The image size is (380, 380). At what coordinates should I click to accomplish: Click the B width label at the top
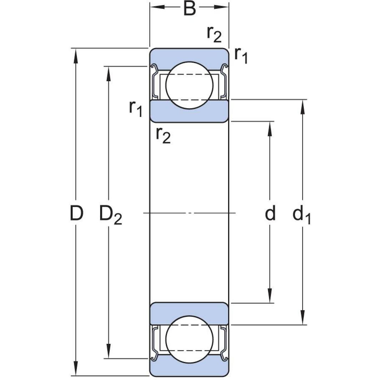190,9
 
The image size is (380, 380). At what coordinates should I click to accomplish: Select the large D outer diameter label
76,213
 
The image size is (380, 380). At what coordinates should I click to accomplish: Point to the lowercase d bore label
270,213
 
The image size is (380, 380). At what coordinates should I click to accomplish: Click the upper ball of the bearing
189,85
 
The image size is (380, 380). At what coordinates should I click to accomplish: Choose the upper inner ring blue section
189,111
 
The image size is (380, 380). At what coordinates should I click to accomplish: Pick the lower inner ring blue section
189,313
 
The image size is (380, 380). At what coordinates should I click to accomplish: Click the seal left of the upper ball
155,82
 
